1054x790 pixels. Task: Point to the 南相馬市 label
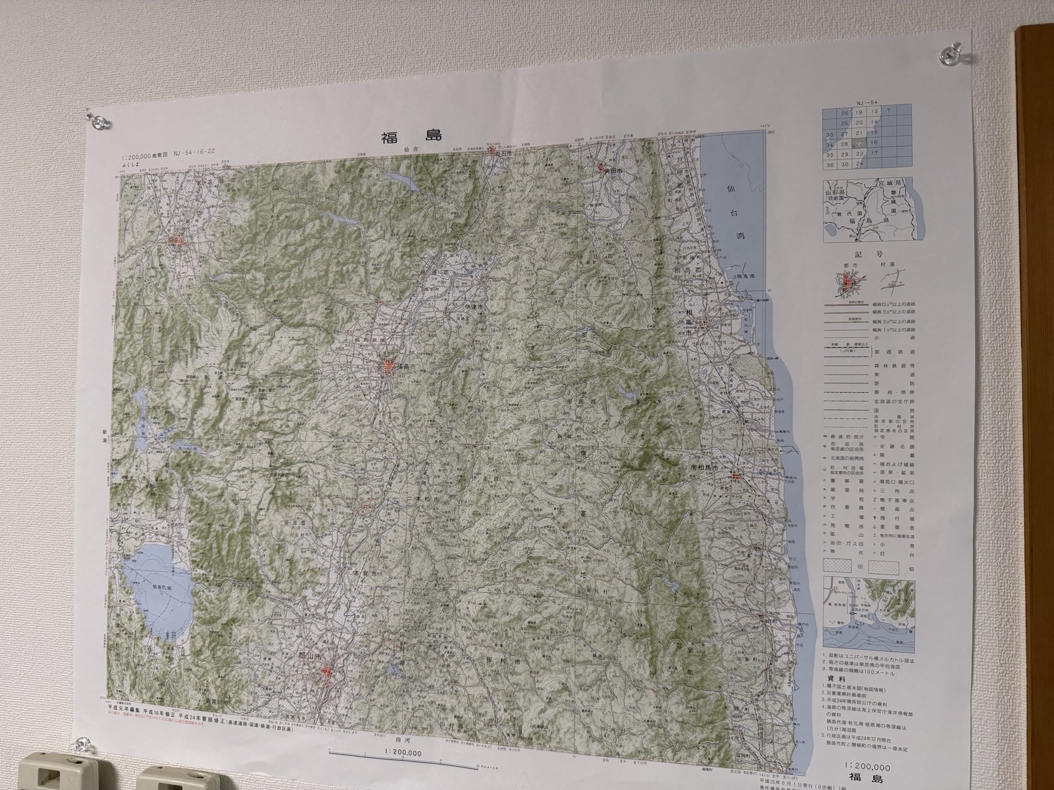(x=708, y=468)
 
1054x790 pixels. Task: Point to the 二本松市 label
(x=422, y=499)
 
